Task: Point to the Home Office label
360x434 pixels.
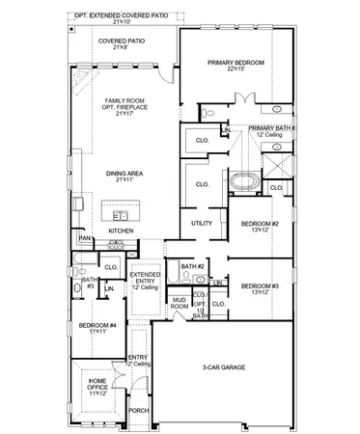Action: tap(97, 390)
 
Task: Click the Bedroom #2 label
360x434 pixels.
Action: tap(260, 228)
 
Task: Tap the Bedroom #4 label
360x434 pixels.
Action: tap(97, 328)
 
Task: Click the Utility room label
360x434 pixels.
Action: tap(201, 223)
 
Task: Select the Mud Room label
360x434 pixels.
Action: tap(180, 303)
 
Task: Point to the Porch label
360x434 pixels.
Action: tap(139, 410)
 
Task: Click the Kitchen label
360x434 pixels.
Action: tap(120, 231)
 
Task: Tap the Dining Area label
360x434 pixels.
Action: tap(123, 176)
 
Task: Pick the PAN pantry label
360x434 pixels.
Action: tap(84, 238)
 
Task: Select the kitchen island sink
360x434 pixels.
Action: tap(121, 214)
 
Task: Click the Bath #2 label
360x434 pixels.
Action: tap(191, 266)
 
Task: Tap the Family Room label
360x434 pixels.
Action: tap(123, 104)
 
